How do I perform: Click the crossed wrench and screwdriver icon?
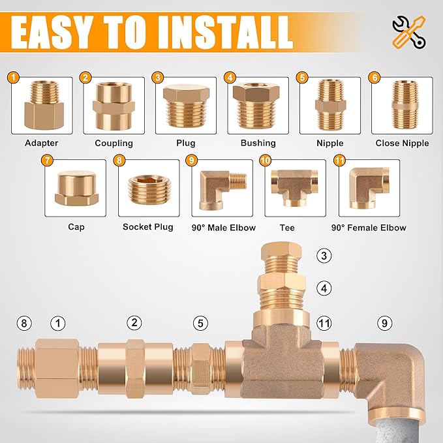(409, 31)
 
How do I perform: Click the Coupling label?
(114, 143)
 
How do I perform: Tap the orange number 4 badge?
(229, 78)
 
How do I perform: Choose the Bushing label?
(258, 143)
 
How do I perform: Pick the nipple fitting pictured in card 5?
(329, 106)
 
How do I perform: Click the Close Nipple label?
(402, 143)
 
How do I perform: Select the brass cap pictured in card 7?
(76, 189)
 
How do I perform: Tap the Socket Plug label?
(148, 227)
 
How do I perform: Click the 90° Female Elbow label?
(369, 227)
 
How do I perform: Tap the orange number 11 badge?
(339, 160)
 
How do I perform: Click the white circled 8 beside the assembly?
(25, 323)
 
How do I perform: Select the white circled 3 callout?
(324, 256)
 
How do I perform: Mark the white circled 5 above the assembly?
(201, 323)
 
